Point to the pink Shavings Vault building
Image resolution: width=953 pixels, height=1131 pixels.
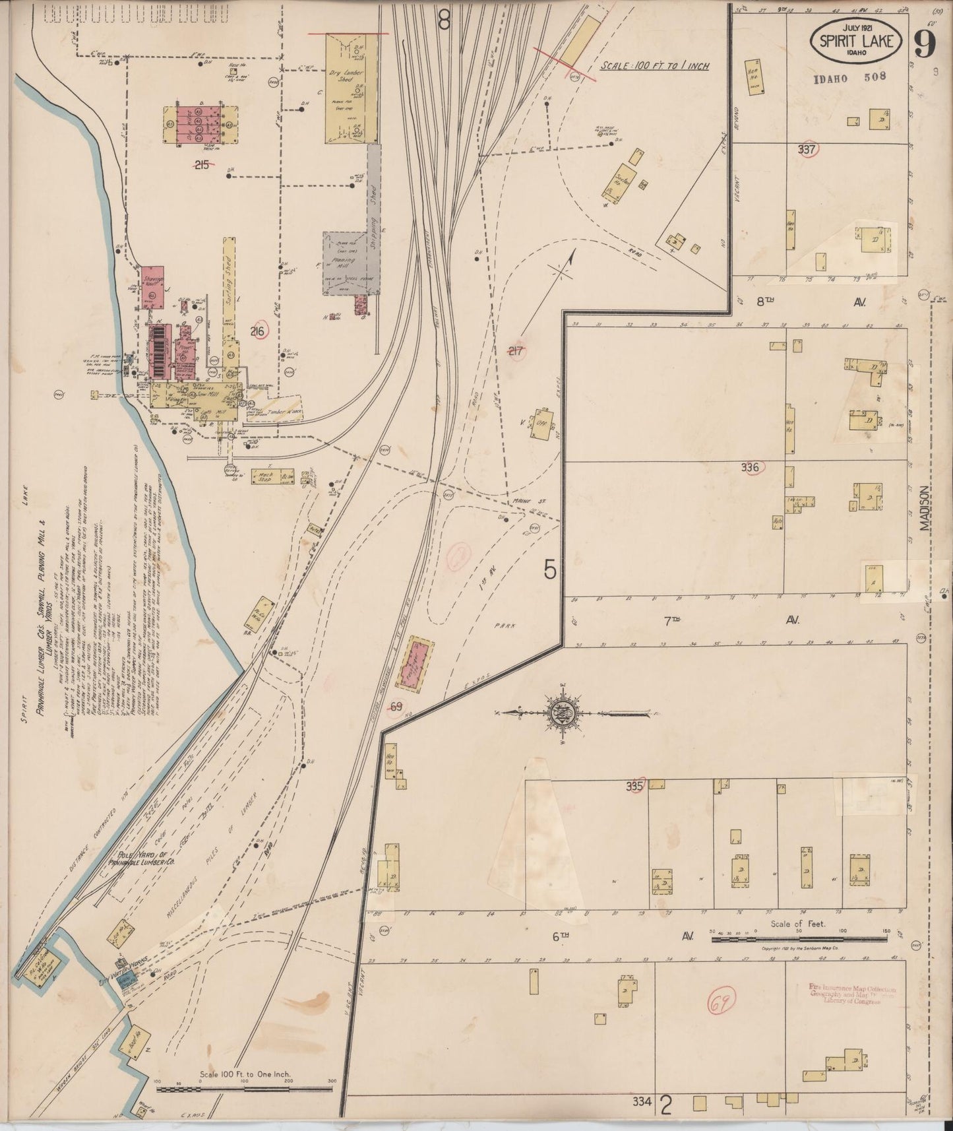pos(152,285)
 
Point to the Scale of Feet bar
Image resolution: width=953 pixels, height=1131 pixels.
pos(798,938)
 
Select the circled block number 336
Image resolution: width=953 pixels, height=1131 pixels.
pos(751,468)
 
